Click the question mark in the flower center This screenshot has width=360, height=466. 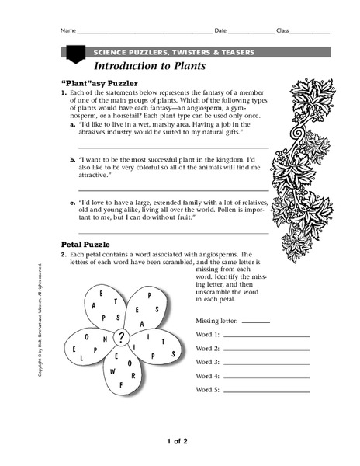(x=121, y=337)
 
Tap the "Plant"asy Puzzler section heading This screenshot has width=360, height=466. (x=99, y=82)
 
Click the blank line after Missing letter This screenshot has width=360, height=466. (x=256, y=321)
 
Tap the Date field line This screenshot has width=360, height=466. (x=251, y=33)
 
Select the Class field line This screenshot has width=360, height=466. (x=310, y=33)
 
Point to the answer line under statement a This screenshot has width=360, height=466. (x=174, y=147)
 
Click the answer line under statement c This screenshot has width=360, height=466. (x=174, y=231)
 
